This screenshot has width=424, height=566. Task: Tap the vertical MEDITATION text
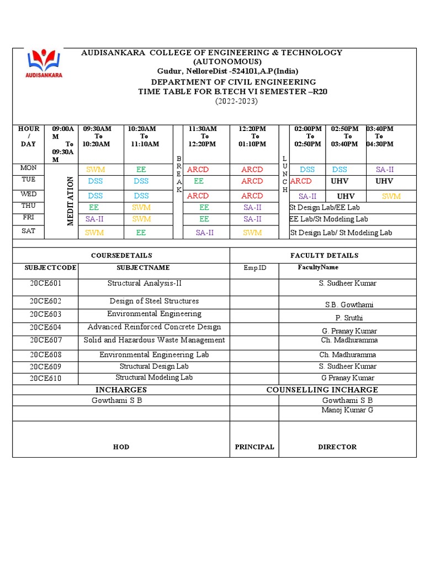click(71, 201)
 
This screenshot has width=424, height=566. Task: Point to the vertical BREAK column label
click(178, 174)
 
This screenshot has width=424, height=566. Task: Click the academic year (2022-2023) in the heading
click(236, 101)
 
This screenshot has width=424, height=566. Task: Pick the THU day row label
click(28, 206)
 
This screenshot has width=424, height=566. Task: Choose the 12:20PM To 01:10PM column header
click(255, 137)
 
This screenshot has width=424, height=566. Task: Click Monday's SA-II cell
click(385, 170)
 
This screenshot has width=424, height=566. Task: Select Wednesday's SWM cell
click(391, 196)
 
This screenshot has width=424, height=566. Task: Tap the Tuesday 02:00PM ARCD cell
click(301, 181)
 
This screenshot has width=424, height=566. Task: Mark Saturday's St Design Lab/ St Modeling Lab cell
click(341, 233)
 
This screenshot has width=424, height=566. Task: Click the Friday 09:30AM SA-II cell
click(94, 219)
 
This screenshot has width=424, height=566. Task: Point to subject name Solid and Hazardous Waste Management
click(154, 340)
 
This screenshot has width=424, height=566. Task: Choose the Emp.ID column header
click(255, 268)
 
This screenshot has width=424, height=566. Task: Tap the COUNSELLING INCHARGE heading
click(322, 390)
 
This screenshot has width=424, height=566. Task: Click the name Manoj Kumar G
click(347, 410)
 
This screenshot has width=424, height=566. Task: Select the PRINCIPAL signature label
click(255, 447)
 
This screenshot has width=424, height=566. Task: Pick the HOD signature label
click(121, 447)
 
